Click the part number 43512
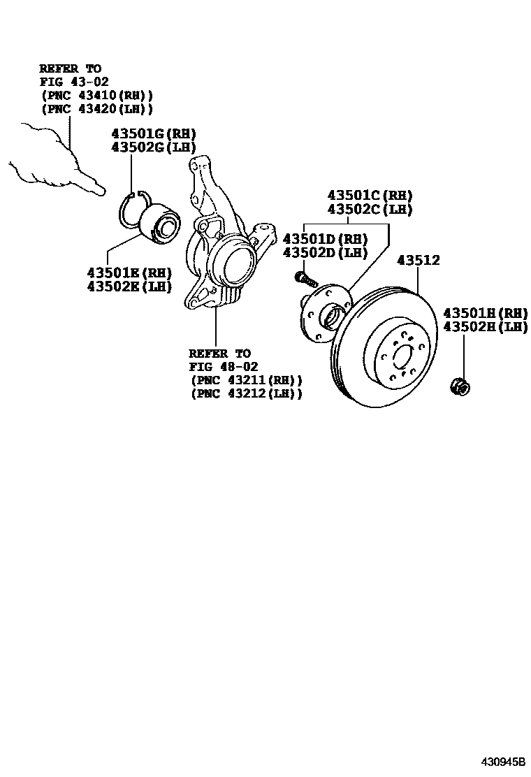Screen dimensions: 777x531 [419, 261]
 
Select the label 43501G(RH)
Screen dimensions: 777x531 [154, 134]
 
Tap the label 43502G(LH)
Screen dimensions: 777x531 [154, 147]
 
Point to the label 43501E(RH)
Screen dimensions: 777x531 [129, 273]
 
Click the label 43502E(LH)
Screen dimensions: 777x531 [129, 286]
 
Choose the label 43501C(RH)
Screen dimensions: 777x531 [370, 196]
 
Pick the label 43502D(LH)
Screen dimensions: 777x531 [325, 252]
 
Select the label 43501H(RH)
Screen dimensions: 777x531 [486, 313]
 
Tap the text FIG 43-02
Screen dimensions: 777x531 [74, 82]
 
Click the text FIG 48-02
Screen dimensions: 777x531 [224, 367]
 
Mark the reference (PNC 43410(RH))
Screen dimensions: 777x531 [97, 95]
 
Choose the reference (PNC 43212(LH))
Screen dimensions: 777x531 [247, 393]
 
